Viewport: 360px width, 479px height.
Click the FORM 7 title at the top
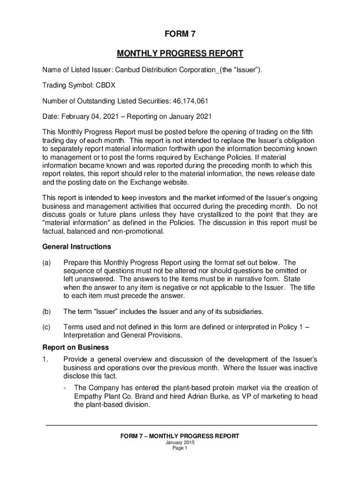pos(180,34)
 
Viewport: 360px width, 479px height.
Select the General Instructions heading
pos(77,247)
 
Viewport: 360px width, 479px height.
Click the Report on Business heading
pos(75,348)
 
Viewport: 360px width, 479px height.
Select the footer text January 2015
pos(180,443)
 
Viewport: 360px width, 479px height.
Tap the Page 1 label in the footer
pos(180,448)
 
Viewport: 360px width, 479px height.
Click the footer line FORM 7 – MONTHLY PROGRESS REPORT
pos(180,436)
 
